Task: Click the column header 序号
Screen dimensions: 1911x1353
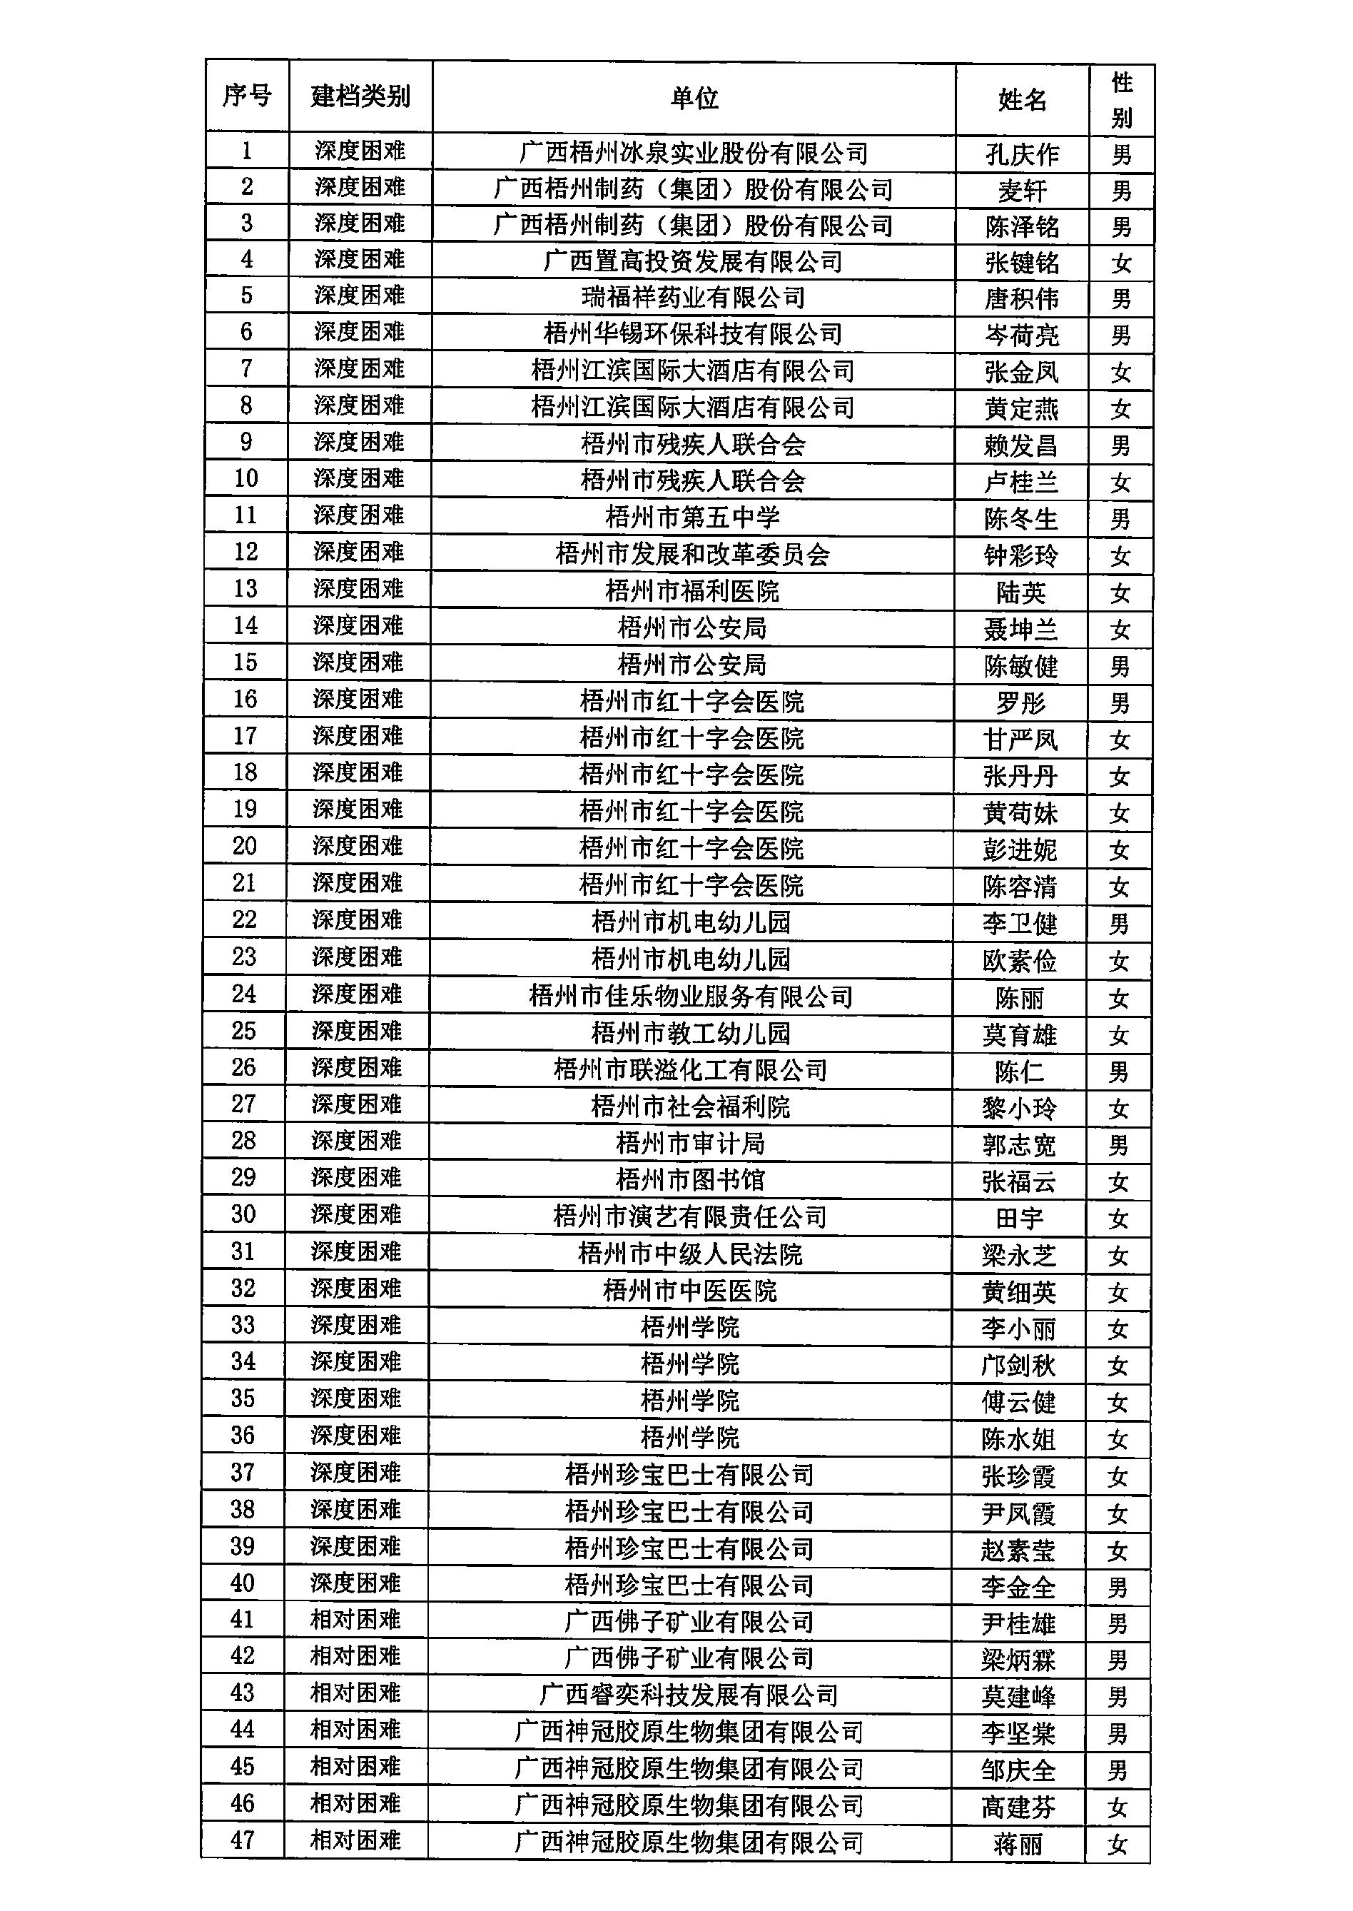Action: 247,96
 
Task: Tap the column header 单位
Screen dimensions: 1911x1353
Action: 694,99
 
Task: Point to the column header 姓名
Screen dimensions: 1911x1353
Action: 1023,100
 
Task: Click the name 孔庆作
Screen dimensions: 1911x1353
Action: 1023,155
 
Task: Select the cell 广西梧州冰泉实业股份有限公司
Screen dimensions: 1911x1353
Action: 694,153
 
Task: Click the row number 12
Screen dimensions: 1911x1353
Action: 245,552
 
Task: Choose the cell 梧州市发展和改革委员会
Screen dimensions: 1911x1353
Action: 692,554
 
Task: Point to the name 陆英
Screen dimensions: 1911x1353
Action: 1020,593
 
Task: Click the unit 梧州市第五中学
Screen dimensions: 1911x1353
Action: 692,518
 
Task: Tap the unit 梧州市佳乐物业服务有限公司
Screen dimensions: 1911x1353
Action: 691,996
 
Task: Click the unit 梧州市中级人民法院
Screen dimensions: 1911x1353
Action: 690,1254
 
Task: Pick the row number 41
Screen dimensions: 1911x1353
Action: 243,1619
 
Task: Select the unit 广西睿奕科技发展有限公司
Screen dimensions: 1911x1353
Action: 689,1694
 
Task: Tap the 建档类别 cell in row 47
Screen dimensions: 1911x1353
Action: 356,1840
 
